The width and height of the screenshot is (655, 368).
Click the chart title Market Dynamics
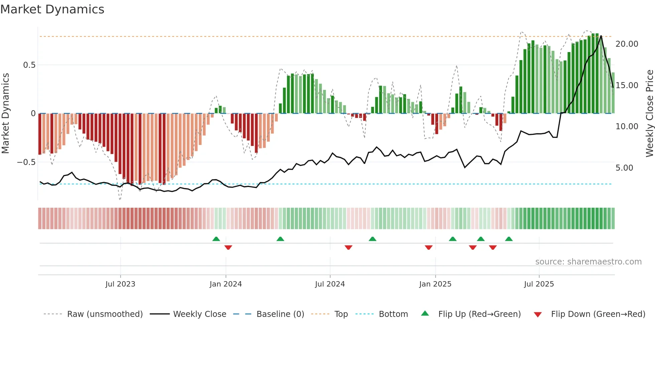tap(52, 9)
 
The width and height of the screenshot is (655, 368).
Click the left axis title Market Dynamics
tap(5, 113)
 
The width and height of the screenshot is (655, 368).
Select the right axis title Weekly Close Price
tap(649, 113)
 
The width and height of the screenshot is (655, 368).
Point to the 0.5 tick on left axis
tap(29, 65)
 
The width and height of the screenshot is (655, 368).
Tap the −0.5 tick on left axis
tap(26, 162)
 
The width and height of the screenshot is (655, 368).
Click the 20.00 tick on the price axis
tap(627, 44)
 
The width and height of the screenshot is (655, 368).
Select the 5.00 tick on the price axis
tap(624, 168)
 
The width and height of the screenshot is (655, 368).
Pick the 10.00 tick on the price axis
tap(627, 127)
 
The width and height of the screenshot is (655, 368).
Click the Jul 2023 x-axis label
tap(120, 284)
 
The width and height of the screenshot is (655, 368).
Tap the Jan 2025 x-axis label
tap(435, 284)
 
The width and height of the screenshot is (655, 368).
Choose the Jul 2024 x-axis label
tap(330, 284)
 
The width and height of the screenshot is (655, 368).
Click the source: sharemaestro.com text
tap(588, 262)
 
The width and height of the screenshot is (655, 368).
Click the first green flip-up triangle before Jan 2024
tap(216, 239)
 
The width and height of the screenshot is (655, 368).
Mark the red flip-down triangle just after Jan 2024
tap(228, 247)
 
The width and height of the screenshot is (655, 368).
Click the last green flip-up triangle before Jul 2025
tap(509, 239)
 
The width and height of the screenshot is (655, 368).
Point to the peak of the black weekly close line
tap(601, 36)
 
